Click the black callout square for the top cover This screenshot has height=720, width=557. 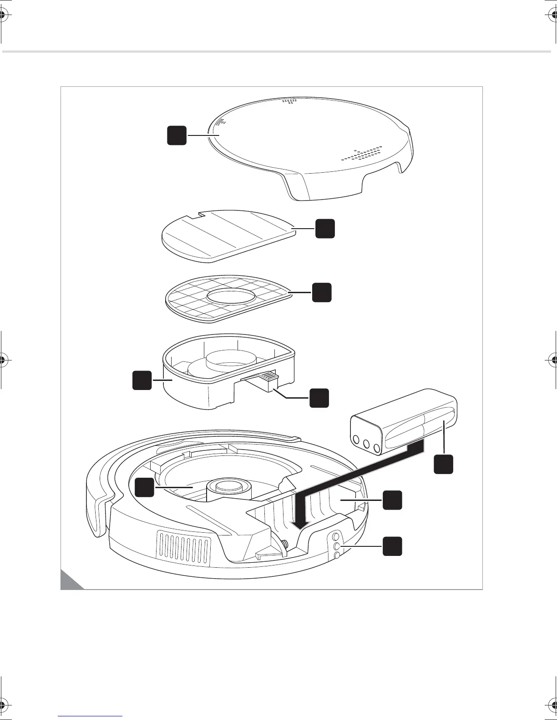pyautogui.click(x=177, y=135)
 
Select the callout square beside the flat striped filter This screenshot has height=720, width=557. pyautogui.click(x=325, y=228)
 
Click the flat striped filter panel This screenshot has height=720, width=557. pyautogui.click(x=228, y=236)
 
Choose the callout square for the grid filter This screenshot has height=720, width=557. pyautogui.click(x=322, y=292)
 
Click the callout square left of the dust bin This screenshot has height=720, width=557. pyautogui.click(x=142, y=380)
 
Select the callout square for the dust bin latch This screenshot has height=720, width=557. pyautogui.click(x=319, y=398)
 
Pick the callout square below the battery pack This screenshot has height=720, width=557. pyautogui.click(x=443, y=464)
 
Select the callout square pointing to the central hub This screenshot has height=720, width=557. pyautogui.click(x=144, y=487)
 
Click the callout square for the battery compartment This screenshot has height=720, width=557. pyautogui.click(x=392, y=500)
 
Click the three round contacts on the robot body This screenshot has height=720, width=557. pyautogui.click(x=337, y=546)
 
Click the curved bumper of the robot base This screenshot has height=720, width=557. pyautogui.click(x=98, y=500)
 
